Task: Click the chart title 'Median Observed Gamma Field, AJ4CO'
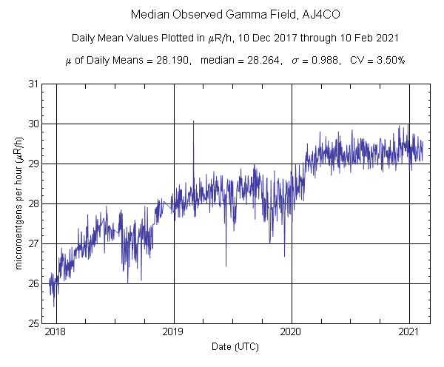pos(221,14)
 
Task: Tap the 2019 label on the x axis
pos(173,332)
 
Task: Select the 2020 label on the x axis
pos(292,332)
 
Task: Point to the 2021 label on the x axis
pos(409,332)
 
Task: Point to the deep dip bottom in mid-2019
pos(226,264)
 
